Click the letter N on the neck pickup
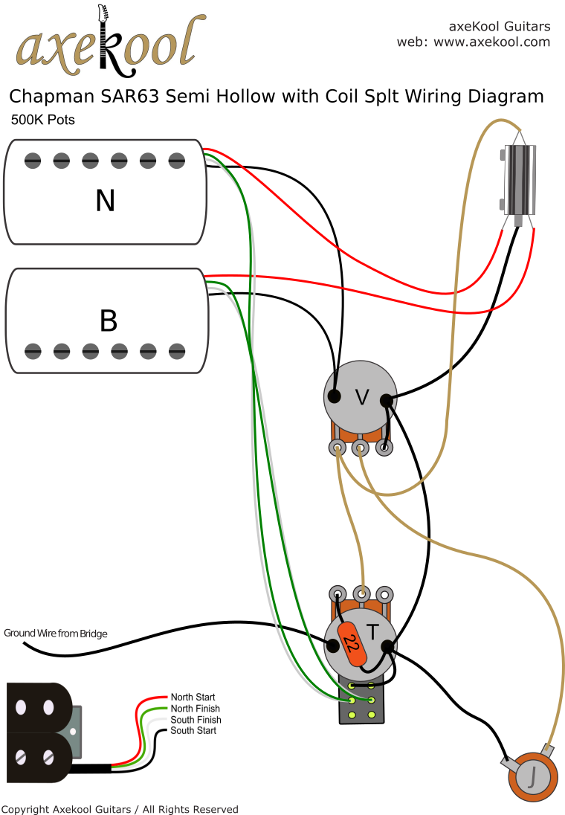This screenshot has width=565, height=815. click(106, 200)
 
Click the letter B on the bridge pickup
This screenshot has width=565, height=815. click(108, 320)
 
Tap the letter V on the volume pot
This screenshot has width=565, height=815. click(362, 399)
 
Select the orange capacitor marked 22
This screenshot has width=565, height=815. click(352, 644)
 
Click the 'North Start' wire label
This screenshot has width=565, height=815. click(193, 698)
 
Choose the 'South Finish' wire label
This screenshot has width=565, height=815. click(196, 720)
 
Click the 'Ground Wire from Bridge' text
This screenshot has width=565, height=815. click(56, 634)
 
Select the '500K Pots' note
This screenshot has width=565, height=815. click(42, 120)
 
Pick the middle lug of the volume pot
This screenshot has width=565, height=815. click(361, 448)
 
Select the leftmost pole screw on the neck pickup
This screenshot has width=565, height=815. click(32, 159)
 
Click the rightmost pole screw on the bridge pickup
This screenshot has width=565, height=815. click(177, 349)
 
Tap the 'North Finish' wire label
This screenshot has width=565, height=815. click(195, 709)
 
